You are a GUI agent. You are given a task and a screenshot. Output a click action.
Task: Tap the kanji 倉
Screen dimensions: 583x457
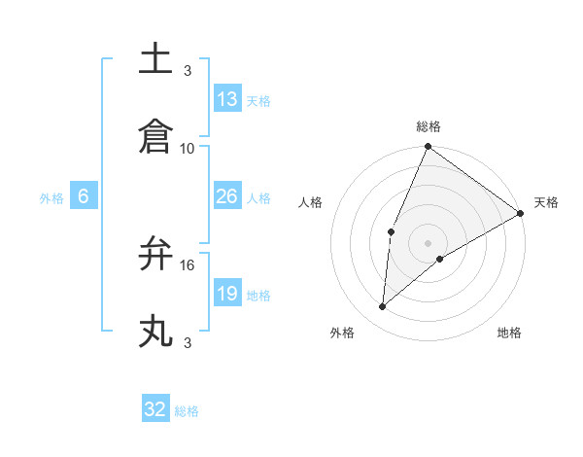tap(155, 136)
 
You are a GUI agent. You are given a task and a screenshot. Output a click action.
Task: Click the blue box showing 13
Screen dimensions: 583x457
tap(227, 99)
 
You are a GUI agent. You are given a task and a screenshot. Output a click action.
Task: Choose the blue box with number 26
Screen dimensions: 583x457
tap(227, 196)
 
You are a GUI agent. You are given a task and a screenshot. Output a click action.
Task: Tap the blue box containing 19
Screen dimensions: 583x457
tap(227, 294)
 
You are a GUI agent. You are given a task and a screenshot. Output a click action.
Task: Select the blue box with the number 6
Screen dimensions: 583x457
tap(84, 196)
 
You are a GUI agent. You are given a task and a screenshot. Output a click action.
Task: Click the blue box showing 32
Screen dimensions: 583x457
tap(155, 409)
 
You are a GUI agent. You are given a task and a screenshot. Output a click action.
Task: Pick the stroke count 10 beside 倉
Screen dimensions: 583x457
tap(188, 149)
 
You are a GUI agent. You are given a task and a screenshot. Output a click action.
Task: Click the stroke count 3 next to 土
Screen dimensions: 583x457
tap(188, 70)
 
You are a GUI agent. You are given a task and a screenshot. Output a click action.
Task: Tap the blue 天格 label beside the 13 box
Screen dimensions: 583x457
tap(257, 101)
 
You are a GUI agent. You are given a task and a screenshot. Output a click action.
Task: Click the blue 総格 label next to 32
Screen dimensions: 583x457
tap(187, 411)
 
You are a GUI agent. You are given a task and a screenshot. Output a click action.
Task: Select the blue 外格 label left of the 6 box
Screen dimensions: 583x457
tap(51, 198)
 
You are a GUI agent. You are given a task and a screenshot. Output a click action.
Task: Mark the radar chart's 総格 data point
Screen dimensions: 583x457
tap(428, 148)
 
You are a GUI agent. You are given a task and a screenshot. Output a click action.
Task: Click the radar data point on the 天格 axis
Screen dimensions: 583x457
tap(521, 213)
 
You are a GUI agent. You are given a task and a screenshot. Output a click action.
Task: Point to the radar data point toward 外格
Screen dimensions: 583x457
tap(383, 307)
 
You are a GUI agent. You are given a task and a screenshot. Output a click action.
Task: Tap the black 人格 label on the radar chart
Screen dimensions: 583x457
tap(311, 202)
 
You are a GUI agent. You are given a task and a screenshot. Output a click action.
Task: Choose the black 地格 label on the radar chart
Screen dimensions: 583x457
tap(509, 334)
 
